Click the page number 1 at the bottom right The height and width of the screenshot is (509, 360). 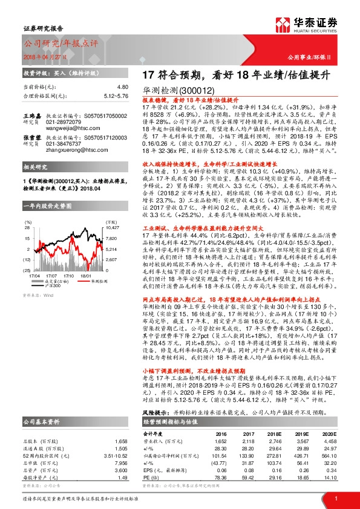[335, 497]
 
